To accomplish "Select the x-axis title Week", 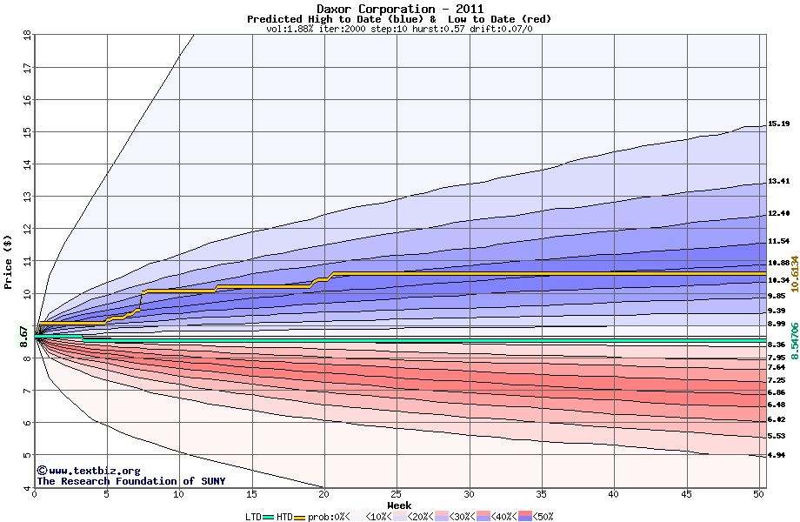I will (x=399, y=505).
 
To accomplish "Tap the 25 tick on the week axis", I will (x=397, y=494).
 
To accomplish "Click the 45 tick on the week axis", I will (x=687, y=494).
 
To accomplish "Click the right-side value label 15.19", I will (x=778, y=124).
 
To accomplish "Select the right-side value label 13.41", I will (x=778, y=182).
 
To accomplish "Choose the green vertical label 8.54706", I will (x=794, y=343).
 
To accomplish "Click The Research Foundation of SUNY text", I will (x=130, y=481).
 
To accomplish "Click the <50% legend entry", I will (x=540, y=517).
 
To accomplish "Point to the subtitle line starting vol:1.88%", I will (x=399, y=29).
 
